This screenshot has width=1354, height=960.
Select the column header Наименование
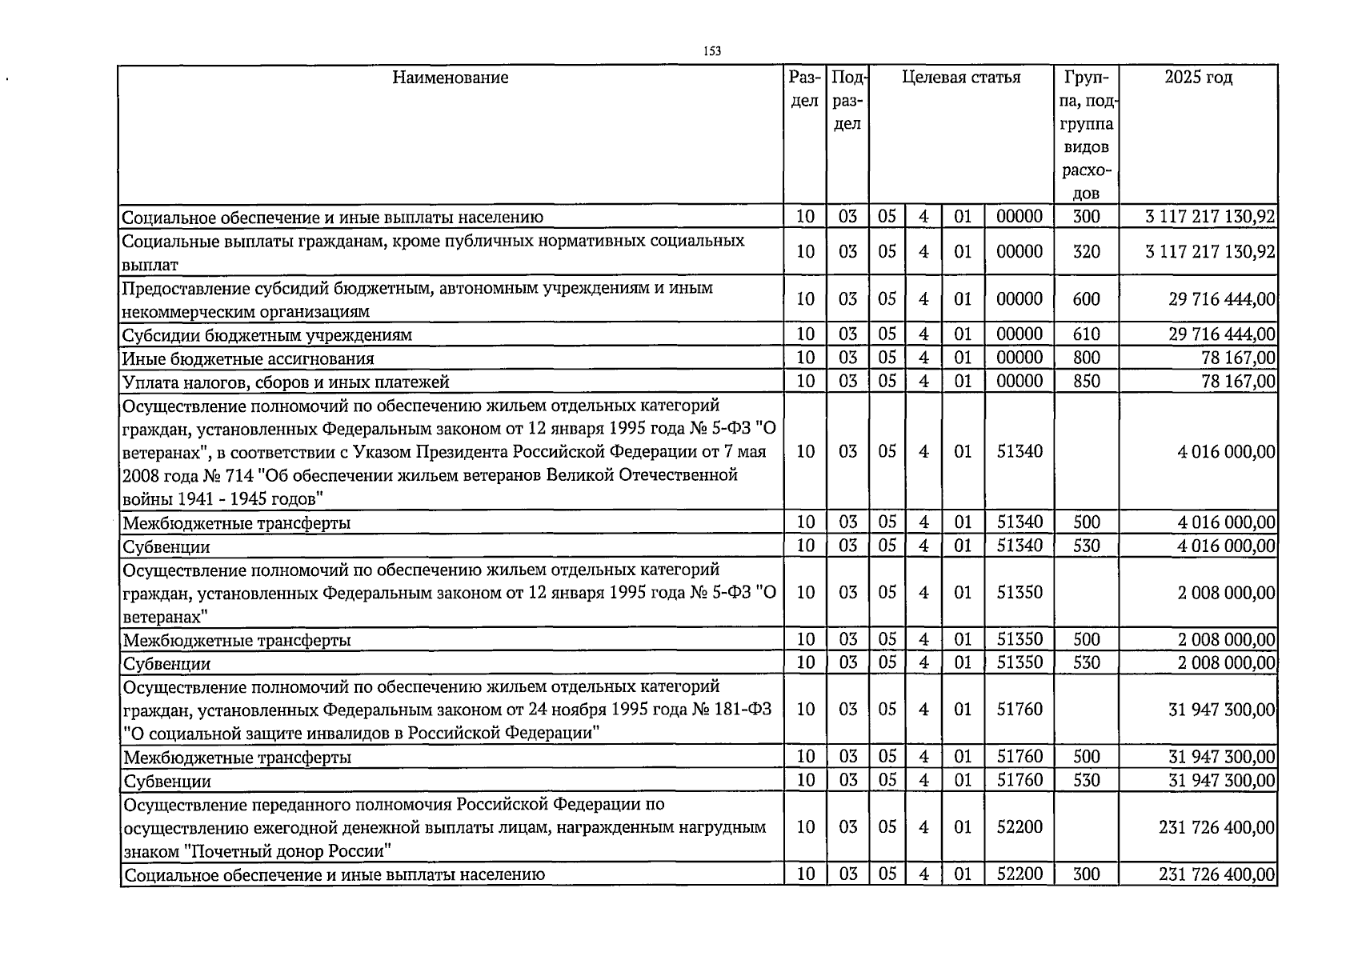(x=451, y=78)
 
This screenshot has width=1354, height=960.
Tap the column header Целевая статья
(x=961, y=78)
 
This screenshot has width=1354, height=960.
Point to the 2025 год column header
(x=1198, y=78)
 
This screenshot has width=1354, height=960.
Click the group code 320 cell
(x=1086, y=252)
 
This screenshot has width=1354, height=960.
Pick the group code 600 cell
(x=1086, y=299)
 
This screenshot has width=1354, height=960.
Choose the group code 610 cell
(x=1086, y=334)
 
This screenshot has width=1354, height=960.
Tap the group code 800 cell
(x=1086, y=358)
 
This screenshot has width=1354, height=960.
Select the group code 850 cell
(x=1086, y=382)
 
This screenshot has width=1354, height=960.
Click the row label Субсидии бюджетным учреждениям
(x=266, y=335)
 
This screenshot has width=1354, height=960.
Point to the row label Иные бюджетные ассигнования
(x=248, y=359)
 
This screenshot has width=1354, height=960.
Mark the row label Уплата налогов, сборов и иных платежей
(x=286, y=382)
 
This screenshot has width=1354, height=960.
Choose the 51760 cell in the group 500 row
(x=1020, y=757)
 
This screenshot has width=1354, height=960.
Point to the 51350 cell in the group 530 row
(x=1020, y=663)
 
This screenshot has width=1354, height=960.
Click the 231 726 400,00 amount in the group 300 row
(x=1216, y=874)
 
